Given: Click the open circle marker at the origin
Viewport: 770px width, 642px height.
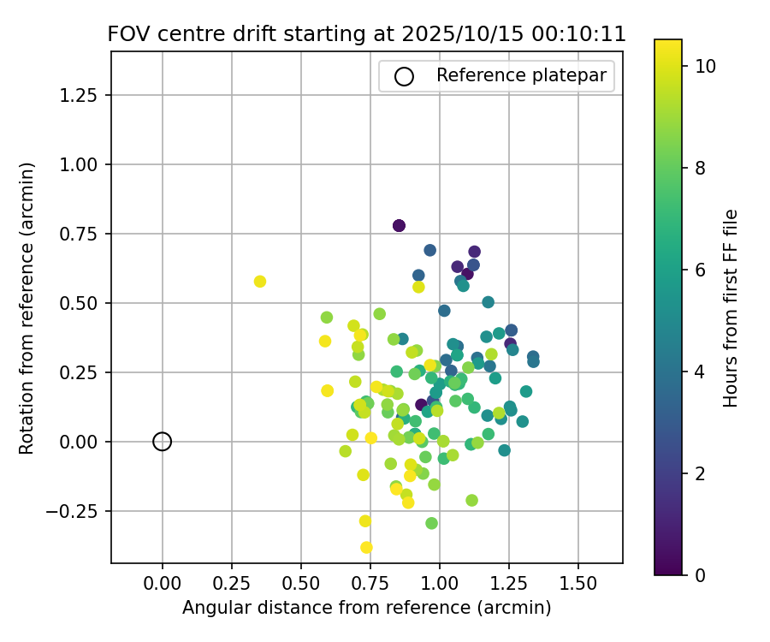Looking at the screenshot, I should tap(163, 442).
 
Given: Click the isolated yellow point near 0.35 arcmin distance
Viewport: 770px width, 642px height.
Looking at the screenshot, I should tap(260, 282).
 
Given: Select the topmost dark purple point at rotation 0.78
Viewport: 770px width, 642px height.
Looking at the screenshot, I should tap(399, 225).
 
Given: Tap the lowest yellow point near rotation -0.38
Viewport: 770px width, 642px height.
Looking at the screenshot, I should tap(366, 548).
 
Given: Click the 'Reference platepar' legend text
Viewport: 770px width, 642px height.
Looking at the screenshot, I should tap(521, 75).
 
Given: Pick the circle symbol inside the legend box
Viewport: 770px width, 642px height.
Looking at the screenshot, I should tap(404, 76).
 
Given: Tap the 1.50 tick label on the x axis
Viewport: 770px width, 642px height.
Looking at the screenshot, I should tap(578, 584).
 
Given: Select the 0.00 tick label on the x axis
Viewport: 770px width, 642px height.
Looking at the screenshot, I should tap(163, 584).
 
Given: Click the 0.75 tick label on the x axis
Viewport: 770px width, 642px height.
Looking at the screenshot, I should tap(370, 584).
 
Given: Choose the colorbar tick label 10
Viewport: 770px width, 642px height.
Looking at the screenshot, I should tap(705, 65).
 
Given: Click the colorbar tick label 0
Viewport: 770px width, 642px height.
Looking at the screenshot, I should tap(700, 574).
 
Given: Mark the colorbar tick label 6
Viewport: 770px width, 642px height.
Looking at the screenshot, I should tap(700, 269).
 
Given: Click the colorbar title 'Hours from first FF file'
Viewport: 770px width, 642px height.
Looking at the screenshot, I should tap(731, 308).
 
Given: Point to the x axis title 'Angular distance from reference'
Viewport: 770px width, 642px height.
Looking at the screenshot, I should tap(366, 608).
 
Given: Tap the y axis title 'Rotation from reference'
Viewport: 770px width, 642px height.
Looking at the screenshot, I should tap(27, 308).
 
